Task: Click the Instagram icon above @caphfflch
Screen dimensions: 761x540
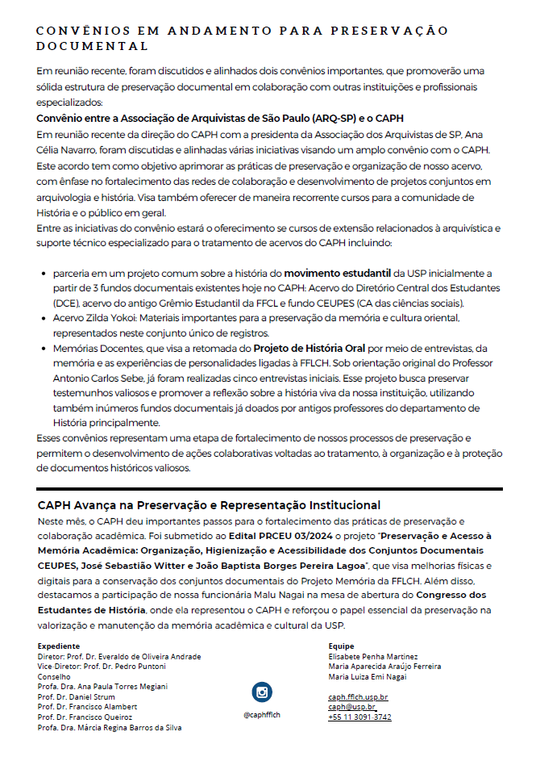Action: click(261, 692)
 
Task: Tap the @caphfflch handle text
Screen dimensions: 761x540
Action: click(261, 714)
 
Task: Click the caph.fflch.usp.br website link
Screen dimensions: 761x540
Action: click(358, 696)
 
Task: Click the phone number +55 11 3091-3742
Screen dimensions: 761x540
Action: click(359, 717)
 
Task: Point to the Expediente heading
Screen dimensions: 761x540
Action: click(59, 646)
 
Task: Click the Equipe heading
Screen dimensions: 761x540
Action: click(342, 646)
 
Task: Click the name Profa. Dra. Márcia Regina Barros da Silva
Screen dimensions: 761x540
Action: click(110, 727)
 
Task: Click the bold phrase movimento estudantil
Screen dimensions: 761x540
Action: click(338, 274)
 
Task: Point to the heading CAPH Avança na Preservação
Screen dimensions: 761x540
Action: click(209, 505)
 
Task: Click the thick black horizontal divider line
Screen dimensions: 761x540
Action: click(269, 489)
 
